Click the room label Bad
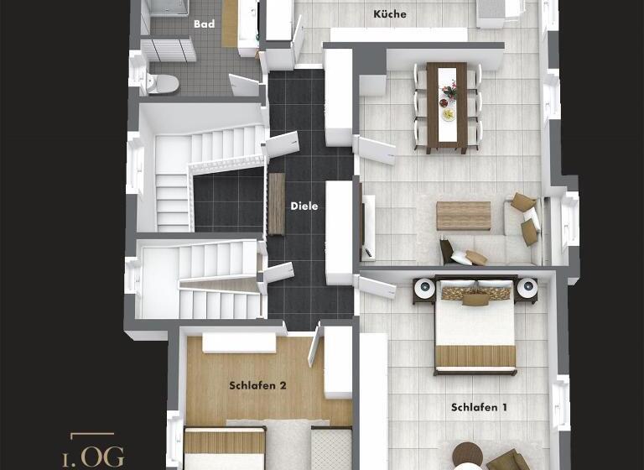tap(204, 24)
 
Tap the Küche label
tap(389, 14)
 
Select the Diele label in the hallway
tap(304, 206)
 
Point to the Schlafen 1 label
tap(479, 407)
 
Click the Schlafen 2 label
tap(258, 386)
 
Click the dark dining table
tap(447, 107)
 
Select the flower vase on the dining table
tap(449, 89)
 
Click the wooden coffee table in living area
tap(463, 216)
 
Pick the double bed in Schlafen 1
tap(475, 332)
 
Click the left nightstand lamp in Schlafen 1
tap(424, 289)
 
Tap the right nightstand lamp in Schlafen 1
tap(527, 289)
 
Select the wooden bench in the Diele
tap(276, 204)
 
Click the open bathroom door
tap(244, 86)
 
